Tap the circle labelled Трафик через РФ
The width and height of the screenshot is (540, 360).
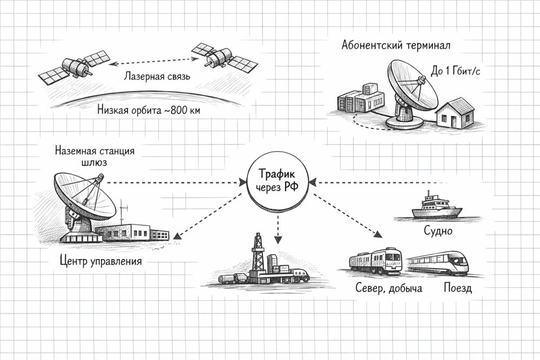point(278,181)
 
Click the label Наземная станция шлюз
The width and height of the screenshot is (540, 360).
point(94,156)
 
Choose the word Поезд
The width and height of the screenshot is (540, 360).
point(457,288)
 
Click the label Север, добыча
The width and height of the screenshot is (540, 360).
point(388,288)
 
